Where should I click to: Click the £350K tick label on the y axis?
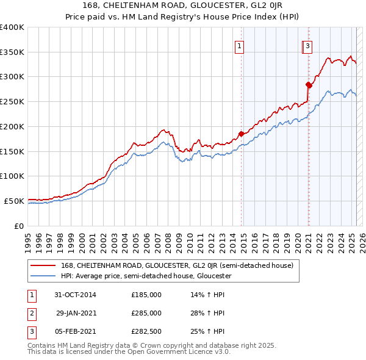tap(12, 52)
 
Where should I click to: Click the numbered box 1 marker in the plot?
tap(239, 45)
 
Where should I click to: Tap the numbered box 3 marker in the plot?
tap(309, 45)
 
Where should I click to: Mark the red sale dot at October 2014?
tap(241, 133)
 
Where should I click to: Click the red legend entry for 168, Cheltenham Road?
tap(177, 265)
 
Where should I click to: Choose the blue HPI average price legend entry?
tap(146, 276)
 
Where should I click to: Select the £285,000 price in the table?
tap(146, 313)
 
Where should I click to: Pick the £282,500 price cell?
tap(146, 331)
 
